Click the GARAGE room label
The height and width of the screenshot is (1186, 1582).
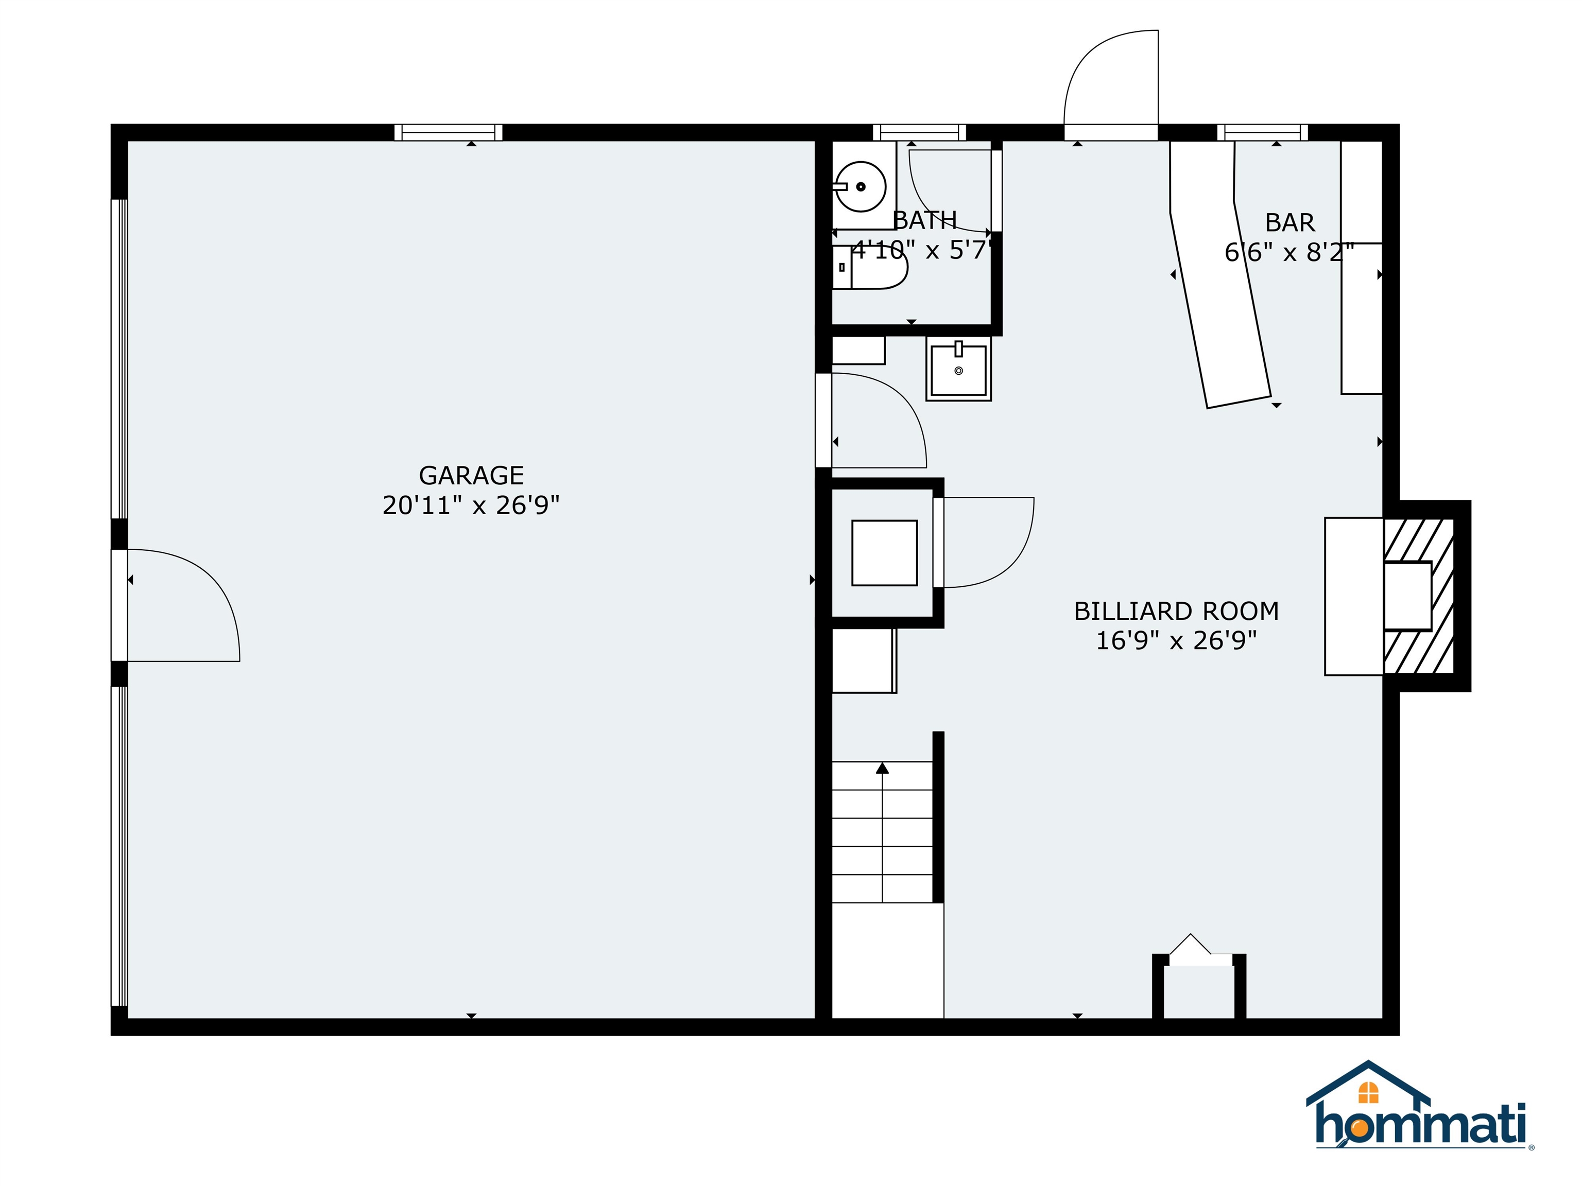tap(471, 476)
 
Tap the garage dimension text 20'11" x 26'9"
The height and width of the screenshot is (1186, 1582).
tap(471, 505)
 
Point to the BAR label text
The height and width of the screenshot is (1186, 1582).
tap(1289, 222)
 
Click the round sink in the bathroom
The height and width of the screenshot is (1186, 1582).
tap(861, 186)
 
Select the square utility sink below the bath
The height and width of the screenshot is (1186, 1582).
tap(958, 370)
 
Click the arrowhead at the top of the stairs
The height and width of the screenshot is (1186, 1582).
tap(883, 768)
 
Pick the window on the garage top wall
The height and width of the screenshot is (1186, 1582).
tap(449, 132)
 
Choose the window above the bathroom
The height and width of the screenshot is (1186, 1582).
tap(919, 132)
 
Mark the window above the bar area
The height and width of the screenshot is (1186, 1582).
tap(1262, 132)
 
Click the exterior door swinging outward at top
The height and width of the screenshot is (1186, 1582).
tap(1111, 86)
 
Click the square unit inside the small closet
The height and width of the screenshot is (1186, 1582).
tap(884, 553)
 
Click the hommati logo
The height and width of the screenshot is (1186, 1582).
tap(1420, 1122)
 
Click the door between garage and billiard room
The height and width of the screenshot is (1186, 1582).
tap(876, 422)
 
